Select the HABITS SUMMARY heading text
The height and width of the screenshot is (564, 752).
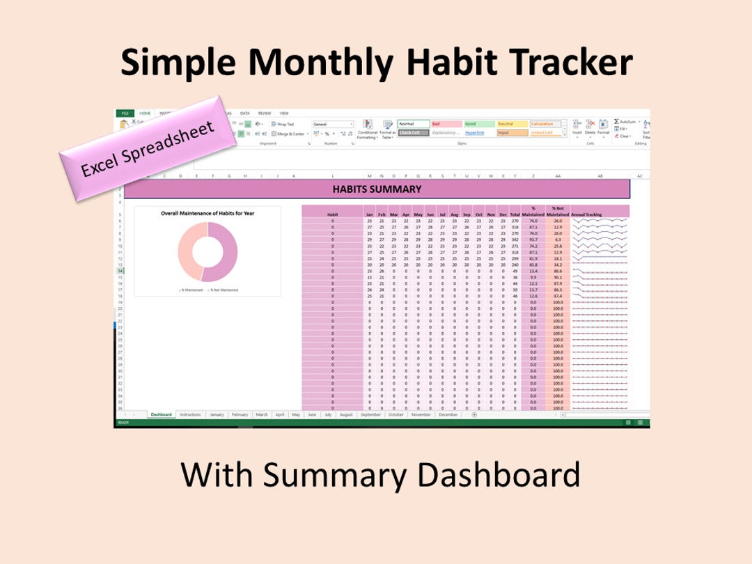[377, 189]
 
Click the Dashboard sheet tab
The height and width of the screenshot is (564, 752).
[161, 414]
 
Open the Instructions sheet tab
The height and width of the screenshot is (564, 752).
[190, 414]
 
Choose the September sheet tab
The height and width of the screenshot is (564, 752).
[370, 414]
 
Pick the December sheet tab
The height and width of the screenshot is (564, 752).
[448, 414]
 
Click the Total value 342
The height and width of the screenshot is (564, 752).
[515, 240]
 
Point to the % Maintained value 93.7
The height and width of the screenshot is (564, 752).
[533, 240]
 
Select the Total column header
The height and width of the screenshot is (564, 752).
[515, 214]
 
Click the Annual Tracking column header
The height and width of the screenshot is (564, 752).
[586, 214]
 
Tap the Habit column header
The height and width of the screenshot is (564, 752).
[332, 214]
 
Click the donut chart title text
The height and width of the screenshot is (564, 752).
[207, 214]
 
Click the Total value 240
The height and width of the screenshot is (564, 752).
[515, 265]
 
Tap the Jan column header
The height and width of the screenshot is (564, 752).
[370, 214]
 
